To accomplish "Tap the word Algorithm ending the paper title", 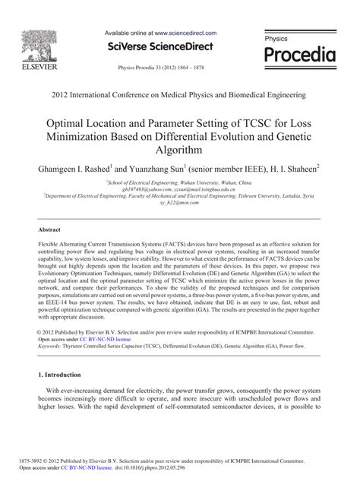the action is [180, 150].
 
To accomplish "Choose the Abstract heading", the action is [51, 229].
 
